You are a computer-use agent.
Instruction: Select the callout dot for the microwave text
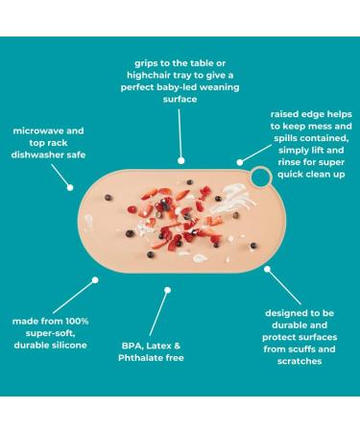[70, 187]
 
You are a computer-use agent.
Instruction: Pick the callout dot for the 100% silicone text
[94, 279]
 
